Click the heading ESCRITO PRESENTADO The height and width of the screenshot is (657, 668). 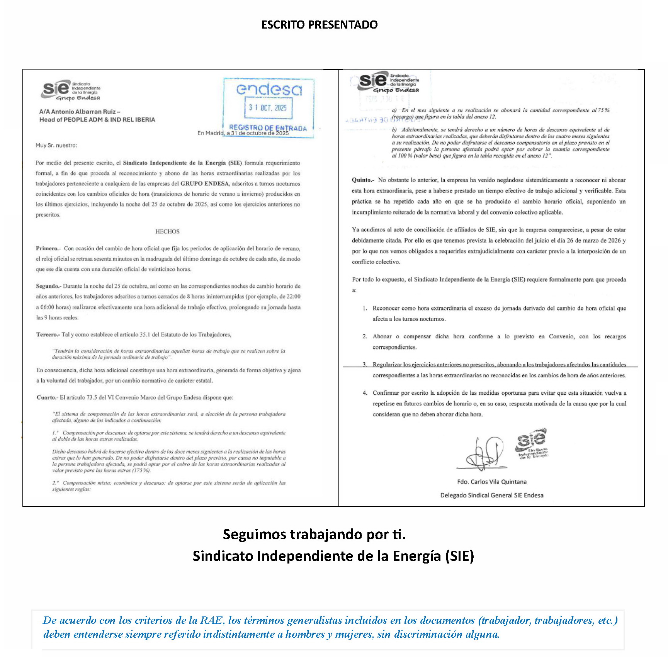click(319, 25)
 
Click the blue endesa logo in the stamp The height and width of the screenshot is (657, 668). click(269, 90)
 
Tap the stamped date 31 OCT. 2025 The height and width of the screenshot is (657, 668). click(268, 108)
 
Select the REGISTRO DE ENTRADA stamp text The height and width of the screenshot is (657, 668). click(268, 127)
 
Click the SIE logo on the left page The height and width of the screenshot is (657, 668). click(70, 90)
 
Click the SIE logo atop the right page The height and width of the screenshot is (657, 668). click(389, 82)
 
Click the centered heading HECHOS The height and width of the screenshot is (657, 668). click(167, 231)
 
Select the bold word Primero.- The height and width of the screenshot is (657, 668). click(48, 248)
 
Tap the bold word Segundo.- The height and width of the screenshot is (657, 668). click(49, 286)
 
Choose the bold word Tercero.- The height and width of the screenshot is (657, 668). click(48, 334)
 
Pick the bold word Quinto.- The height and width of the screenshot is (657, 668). click(363, 180)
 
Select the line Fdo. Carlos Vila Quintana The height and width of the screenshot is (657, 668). click(491, 482)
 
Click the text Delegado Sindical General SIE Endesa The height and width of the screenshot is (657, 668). click(491, 495)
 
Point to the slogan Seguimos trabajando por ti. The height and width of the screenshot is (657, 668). click(314, 534)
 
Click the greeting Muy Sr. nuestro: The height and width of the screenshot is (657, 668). click(56, 146)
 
